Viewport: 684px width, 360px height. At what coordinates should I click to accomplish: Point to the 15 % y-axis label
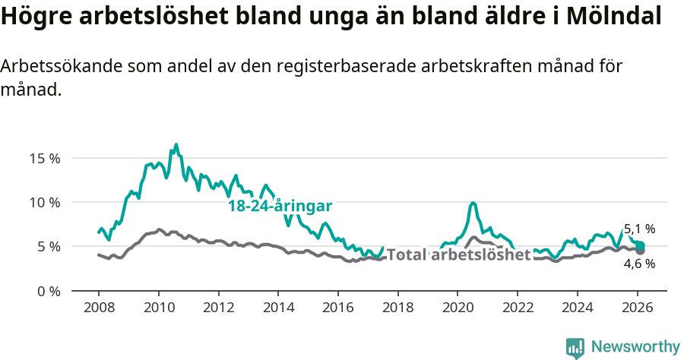tap(45, 159)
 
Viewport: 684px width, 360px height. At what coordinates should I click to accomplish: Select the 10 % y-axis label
tap(45, 203)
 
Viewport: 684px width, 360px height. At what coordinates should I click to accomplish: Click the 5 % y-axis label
tap(48, 247)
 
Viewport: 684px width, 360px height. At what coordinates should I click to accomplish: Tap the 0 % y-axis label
tap(48, 291)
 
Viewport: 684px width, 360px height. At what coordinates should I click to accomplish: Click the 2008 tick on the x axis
tap(99, 308)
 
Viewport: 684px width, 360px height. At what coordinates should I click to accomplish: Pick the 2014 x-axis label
tap(278, 308)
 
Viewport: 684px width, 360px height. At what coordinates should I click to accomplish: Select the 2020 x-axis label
tap(458, 308)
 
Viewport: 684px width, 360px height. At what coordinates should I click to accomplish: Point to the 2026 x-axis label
tap(637, 308)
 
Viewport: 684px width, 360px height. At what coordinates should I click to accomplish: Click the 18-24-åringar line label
tap(280, 207)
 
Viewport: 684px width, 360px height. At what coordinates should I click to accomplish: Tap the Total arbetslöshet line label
tap(458, 255)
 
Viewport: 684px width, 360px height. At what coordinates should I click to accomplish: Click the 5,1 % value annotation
tap(639, 229)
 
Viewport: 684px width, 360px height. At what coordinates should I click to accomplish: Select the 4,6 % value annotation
tap(639, 264)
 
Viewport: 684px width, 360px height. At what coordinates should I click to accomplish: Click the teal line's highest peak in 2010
tap(176, 144)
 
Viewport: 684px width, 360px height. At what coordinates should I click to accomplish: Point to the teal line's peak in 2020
tap(473, 203)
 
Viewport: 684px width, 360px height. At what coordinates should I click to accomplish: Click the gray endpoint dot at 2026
tap(640, 250)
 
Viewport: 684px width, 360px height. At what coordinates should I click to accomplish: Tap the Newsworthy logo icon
tap(575, 347)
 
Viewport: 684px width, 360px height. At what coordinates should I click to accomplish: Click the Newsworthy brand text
tap(635, 347)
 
